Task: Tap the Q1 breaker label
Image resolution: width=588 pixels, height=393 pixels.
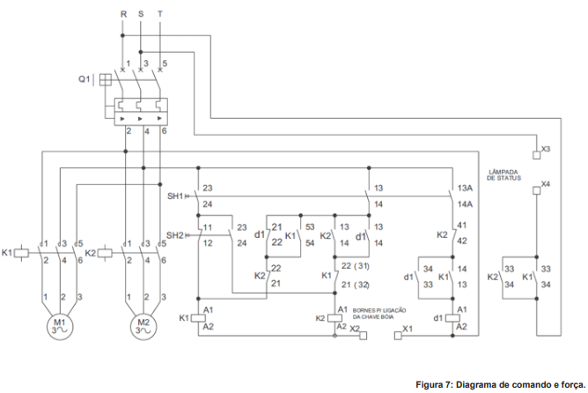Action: (83, 78)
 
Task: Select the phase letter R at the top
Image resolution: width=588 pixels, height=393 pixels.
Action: (124, 15)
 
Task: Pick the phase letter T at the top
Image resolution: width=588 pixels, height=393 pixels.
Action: (159, 15)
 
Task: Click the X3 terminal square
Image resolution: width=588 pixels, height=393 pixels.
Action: (537, 150)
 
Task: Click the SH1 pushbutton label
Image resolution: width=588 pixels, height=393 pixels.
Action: (174, 195)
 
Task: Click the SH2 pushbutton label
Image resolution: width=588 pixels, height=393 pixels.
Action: (174, 234)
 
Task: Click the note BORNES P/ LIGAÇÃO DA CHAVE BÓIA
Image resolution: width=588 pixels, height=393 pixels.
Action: (379, 314)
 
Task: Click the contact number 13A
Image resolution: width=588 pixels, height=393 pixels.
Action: (466, 189)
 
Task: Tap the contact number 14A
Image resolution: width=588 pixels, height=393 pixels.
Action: (466, 204)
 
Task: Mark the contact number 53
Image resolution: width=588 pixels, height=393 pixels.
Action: (310, 227)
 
